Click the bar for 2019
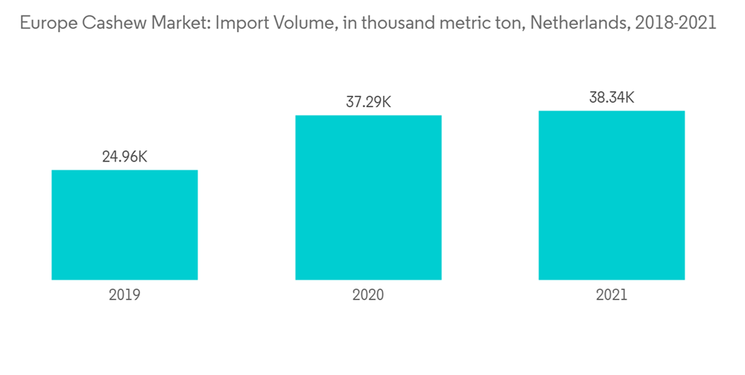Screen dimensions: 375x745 124,225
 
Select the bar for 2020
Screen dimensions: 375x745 368,197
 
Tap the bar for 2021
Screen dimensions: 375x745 612,195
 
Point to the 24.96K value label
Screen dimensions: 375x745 124,157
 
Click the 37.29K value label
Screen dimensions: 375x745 368,102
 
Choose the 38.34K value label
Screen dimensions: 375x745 612,97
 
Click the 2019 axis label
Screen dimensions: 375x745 124,295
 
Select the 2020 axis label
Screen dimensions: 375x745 368,295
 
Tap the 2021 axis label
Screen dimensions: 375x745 612,295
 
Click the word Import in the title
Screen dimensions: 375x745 239,23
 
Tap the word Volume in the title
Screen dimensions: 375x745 299,23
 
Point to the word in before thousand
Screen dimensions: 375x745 343,23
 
